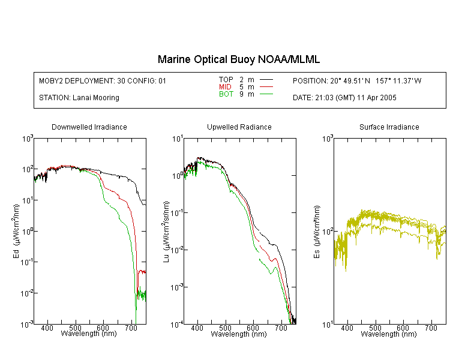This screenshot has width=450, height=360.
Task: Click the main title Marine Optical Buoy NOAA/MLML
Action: pyautogui.click(x=238, y=59)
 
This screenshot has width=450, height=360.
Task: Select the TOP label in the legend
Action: pyautogui.click(x=226, y=80)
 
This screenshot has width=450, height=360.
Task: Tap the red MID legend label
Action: pyautogui.click(x=225, y=86)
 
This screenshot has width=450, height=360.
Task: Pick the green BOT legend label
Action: pyautogui.click(x=226, y=94)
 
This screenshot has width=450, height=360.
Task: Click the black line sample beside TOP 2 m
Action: pyautogui.click(x=266, y=80)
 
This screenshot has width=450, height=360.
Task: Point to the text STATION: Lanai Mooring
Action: pyautogui.click(x=79, y=98)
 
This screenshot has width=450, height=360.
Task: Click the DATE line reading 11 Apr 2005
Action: pyautogui.click(x=344, y=98)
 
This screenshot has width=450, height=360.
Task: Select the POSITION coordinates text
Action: pyautogui.click(x=357, y=81)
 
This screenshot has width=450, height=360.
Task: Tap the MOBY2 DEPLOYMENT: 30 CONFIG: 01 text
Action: pyautogui.click(x=103, y=81)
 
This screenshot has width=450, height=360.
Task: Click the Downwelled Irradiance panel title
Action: pyautogui.click(x=89, y=127)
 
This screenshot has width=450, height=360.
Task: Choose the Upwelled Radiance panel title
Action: pyautogui.click(x=239, y=127)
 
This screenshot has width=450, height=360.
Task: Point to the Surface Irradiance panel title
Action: pyautogui.click(x=389, y=127)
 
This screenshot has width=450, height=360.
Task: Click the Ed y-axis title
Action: pyautogui.click(x=16, y=231)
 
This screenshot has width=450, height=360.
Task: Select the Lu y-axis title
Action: pyautogui.click(x=166, y=232)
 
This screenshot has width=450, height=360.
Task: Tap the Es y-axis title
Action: pyautogui.click(x=317, y=232)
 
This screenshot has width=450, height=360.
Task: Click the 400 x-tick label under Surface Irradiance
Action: pyautogui.click(x=347, y=328)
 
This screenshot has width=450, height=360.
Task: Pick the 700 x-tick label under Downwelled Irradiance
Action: pyautogui.click(x=131, y=328)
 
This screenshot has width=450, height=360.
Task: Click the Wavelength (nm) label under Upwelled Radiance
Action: pyautogui.click(x=239, y=334)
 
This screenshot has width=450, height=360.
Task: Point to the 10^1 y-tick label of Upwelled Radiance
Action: pyautogui.click(x=177, y=139)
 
